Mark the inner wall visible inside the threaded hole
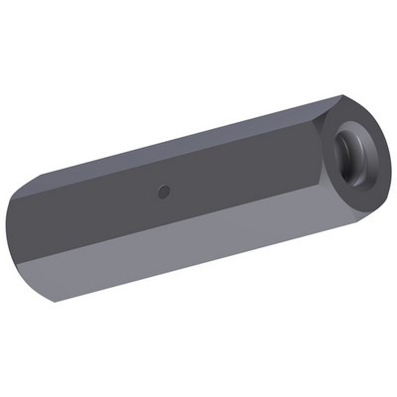[x=345, y=149]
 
